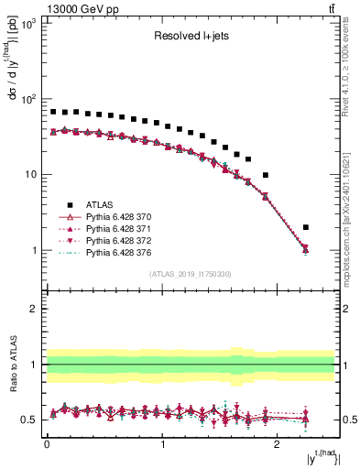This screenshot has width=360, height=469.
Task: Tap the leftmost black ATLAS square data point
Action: [53, 112]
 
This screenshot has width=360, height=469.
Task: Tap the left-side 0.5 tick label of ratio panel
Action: [28, 420]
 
